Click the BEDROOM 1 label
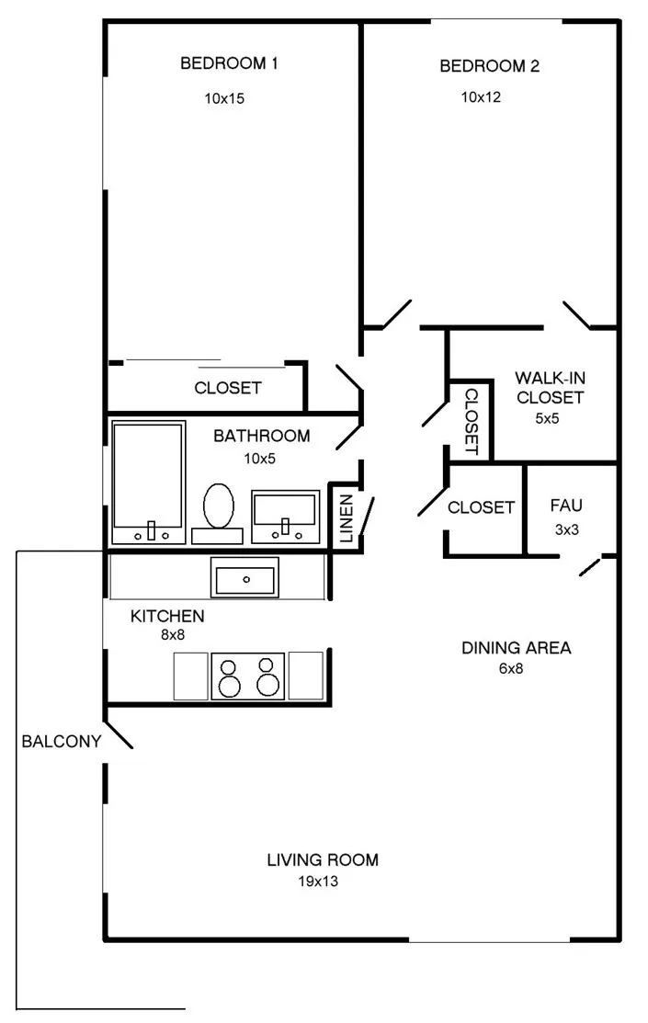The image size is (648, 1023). pos(229,63)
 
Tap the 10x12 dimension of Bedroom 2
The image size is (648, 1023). pos(481,97)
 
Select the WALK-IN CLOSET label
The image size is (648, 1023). pos(550,388)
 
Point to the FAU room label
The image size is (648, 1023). pos(566,506)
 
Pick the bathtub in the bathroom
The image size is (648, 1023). pos(148,483)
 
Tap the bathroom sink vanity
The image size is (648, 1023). pos(286,516)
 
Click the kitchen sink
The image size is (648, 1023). pos(244,577)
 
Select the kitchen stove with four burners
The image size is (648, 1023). pos(248,676)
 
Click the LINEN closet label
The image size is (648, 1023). pos(347,518)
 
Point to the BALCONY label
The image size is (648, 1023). pos(62,741)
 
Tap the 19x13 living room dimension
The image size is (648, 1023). pos(318,881)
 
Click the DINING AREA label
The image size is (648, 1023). pos(517,648)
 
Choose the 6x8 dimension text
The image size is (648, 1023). pos(511,668)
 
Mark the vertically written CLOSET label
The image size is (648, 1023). pos(472,422)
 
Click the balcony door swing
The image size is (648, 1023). pos(119,734)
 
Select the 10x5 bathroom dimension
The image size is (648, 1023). pos(260,459)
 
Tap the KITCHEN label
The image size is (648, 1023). pos(167,616)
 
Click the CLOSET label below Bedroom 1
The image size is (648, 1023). pos(228,388)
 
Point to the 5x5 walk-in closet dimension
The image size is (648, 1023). pos(548,419)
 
